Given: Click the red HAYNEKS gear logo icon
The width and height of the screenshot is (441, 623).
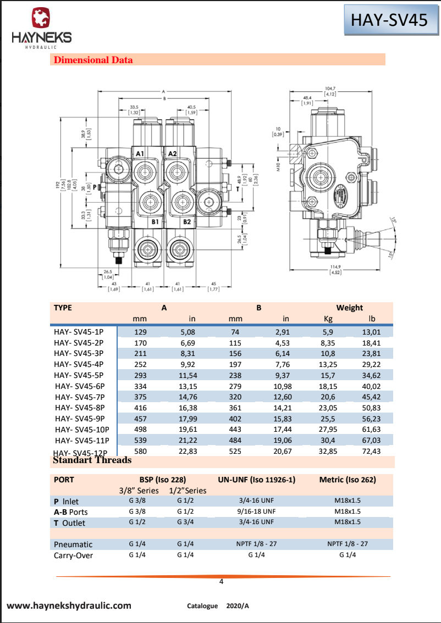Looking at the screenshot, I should [41, 18].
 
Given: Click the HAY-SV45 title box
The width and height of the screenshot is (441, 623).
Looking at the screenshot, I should [389, 20].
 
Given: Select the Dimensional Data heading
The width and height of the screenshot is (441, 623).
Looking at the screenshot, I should [93, 60].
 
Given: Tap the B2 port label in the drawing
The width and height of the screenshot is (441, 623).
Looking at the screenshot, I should [187, 222].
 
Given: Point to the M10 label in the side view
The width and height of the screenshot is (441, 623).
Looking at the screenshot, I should [278, 166].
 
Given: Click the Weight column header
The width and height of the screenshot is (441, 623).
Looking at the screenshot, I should [350, 308].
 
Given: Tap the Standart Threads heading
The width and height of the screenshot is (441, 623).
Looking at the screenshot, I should [92, 460].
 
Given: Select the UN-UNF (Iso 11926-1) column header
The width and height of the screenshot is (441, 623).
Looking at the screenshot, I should [257, 480].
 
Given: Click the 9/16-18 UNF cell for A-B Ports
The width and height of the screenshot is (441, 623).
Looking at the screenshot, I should [257, 511].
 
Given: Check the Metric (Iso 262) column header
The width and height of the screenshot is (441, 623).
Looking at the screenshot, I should [348, 480].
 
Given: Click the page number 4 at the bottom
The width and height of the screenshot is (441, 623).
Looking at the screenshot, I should [221, 582].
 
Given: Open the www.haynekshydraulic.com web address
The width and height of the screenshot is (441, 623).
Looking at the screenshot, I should [69, 605].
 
